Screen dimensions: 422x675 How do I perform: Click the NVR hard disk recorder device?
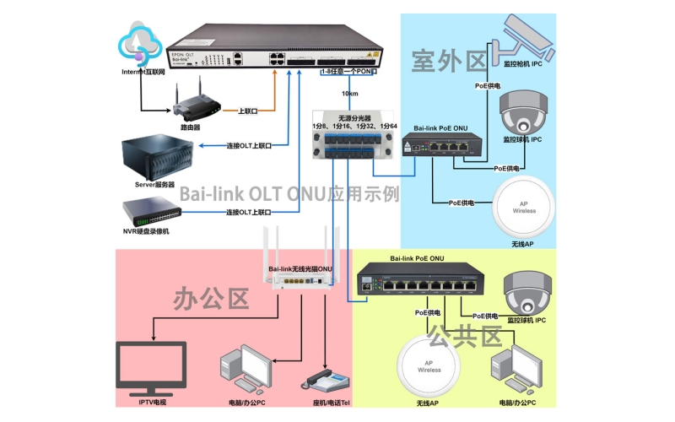coord(152,211)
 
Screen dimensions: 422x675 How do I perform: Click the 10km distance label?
coord(350,94)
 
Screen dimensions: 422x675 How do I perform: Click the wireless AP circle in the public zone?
coord(429,365)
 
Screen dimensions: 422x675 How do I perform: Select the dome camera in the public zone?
coord(527,292)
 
